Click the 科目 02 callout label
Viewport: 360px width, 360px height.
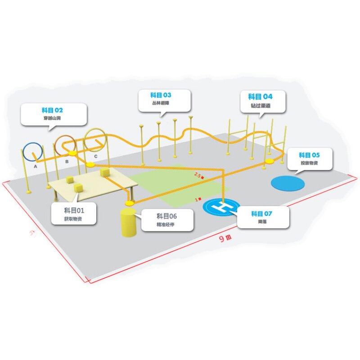(x=53, y=114)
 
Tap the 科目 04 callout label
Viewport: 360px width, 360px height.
(x=261, y=101)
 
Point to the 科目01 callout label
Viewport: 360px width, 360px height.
(x=73, y=214)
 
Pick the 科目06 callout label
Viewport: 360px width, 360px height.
(x=167, y=220)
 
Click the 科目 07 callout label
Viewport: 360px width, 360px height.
(x=262, y=217)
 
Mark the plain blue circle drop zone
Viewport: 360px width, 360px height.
(x=288, y=183)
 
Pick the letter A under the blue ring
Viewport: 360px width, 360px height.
(x=35, y=166)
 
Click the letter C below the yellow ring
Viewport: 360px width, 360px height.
(x=95, y=157)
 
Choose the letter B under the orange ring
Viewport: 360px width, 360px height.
(x=67, y=161)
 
